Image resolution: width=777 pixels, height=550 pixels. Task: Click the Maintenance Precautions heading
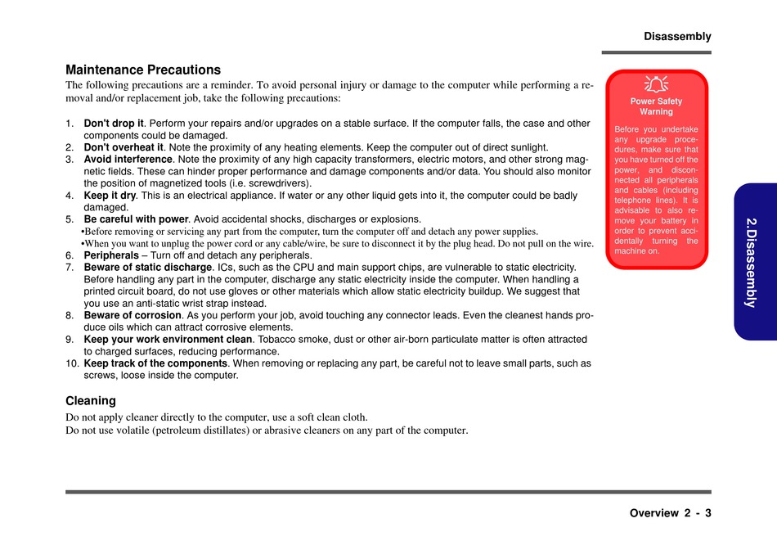(143, 70)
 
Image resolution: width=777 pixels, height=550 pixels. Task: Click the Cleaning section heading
(91, 401)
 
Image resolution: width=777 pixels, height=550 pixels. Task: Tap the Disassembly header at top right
(677, 37)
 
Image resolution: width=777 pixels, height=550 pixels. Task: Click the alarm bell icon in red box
(656, 83)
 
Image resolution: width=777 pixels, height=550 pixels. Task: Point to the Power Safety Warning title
(656, 106)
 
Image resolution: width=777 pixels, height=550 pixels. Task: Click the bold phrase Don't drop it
(114, 124)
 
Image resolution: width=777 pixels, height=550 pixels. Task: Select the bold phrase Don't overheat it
(124, 147)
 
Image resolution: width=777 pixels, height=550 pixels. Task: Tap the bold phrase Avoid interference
(128, 160)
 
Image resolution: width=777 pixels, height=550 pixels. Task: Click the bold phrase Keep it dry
(110, 196)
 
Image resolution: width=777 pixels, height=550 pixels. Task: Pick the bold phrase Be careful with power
(136, 219)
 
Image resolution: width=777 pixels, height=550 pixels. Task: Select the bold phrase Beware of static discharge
(148, 268)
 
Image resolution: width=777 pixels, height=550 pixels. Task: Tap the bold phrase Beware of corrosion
(132, 315)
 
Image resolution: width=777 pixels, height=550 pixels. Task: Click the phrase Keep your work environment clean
(168, 339)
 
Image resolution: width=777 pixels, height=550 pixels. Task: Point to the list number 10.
(72, 363)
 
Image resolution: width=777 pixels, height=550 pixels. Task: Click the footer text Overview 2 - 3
(670, 514)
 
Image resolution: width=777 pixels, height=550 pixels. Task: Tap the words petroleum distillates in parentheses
(201, 431)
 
